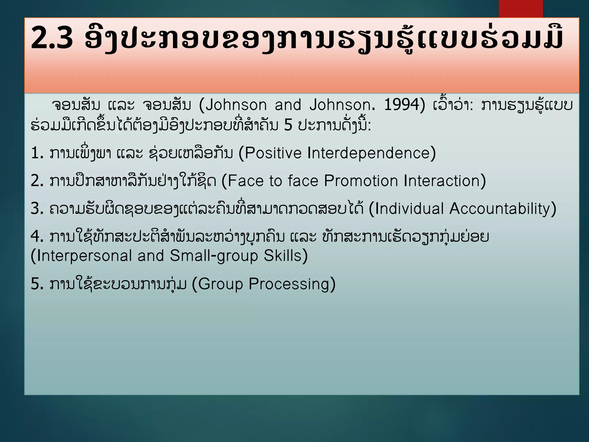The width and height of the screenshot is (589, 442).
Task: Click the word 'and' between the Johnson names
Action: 288,105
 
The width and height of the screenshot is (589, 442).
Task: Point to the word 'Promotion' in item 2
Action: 361,181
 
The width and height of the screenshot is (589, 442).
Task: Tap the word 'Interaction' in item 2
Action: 442,181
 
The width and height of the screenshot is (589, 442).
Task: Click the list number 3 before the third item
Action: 37,209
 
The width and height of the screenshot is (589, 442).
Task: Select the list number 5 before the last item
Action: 37,284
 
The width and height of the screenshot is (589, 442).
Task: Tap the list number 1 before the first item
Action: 37,153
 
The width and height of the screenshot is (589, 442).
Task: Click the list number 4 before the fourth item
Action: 37,237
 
